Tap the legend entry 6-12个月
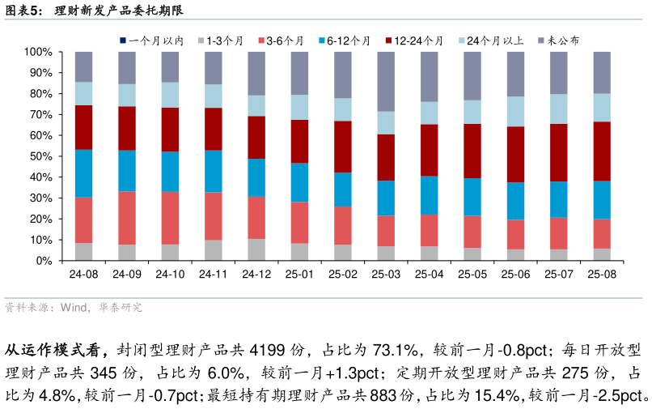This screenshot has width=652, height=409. pyautogui.click(x=348, y=40)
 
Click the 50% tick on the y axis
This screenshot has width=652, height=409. pyautogui.click(x=39, y=156)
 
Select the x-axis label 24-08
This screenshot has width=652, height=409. pyautogui.click(x=83, y=275)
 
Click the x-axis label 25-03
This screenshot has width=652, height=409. pyautogui.click(x=386, y=275)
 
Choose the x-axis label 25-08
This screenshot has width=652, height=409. pyautogui.click(x=602, y=275)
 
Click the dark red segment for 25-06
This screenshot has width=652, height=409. pyautogui.click(x=515, y=154)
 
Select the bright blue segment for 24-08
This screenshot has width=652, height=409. pyautogui.click(x=83, y=173)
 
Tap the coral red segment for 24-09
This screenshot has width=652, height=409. pyautogui.click(x=127, y=218)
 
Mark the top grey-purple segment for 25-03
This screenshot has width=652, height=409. pyautogui.click(x=386, y=81)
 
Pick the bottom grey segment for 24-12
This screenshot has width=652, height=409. pyautogui.click(x=256, y=249)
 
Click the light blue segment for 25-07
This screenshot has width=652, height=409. pyautogui.click(x=559, y=109)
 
